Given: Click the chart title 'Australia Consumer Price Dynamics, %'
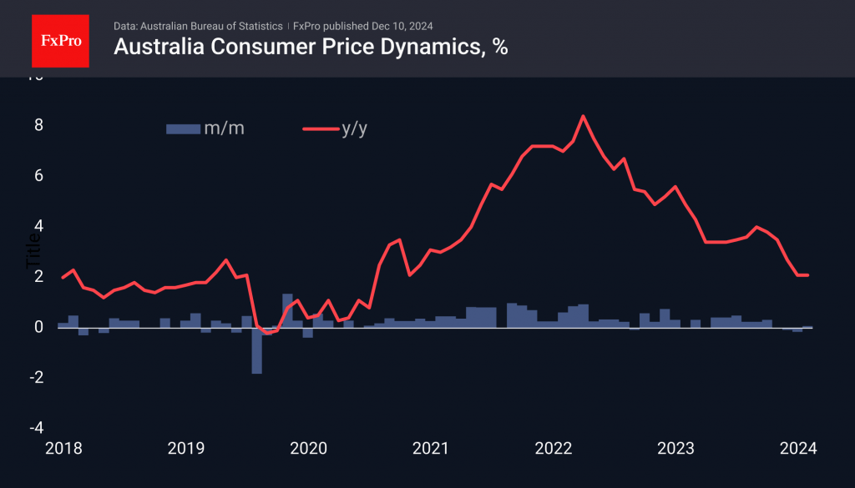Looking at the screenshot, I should [311, 48].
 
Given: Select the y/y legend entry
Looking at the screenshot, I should [335, 128].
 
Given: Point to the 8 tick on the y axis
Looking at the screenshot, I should [38, 126].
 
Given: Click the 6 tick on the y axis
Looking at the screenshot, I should [38, 176].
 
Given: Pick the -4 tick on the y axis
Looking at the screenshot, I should [35, 428].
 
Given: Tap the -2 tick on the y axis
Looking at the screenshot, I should [35, 378].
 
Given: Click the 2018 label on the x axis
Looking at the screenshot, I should [63, 449].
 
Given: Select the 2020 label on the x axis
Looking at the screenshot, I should [308, 449].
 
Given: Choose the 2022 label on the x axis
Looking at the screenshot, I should [553, 449].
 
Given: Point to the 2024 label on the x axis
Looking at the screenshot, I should [797, 449].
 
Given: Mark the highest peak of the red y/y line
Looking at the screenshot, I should [583, 116].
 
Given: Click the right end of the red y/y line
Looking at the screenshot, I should [807, 275].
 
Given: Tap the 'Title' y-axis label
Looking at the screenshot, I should [33, 249].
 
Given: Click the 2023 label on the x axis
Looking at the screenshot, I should [675, 449].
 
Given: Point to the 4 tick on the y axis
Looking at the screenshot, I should [38, 226].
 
